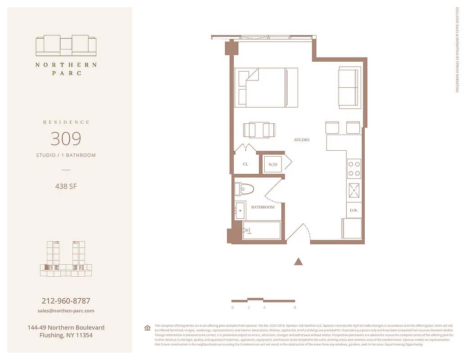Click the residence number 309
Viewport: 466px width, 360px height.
click(66, 139)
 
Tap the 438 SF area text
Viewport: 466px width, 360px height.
click(66, 186)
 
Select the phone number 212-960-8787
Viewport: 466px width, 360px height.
click(66, 301)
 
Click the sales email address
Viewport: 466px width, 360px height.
click(66, 310)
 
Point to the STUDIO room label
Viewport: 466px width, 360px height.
click(302, 140)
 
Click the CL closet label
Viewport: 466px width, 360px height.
click(245, 164)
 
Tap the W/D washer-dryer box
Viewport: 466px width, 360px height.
click(273, 165)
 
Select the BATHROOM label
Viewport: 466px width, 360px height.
click(262, 207)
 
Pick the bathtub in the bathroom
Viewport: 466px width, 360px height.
click(262, 230)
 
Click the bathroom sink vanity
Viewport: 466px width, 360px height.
click(240, 210)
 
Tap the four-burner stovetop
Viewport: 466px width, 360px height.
click(354, 168)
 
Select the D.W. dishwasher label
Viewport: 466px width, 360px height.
click(354, 210)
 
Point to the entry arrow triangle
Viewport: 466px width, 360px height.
click(298, 261)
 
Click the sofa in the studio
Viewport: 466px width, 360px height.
click(350, 87)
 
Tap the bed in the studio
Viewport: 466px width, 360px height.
click(266, 87)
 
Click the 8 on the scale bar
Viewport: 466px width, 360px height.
click(295, 308)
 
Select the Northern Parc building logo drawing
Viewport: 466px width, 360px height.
click(66, 45)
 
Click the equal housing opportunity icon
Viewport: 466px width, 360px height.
click(147, 328)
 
